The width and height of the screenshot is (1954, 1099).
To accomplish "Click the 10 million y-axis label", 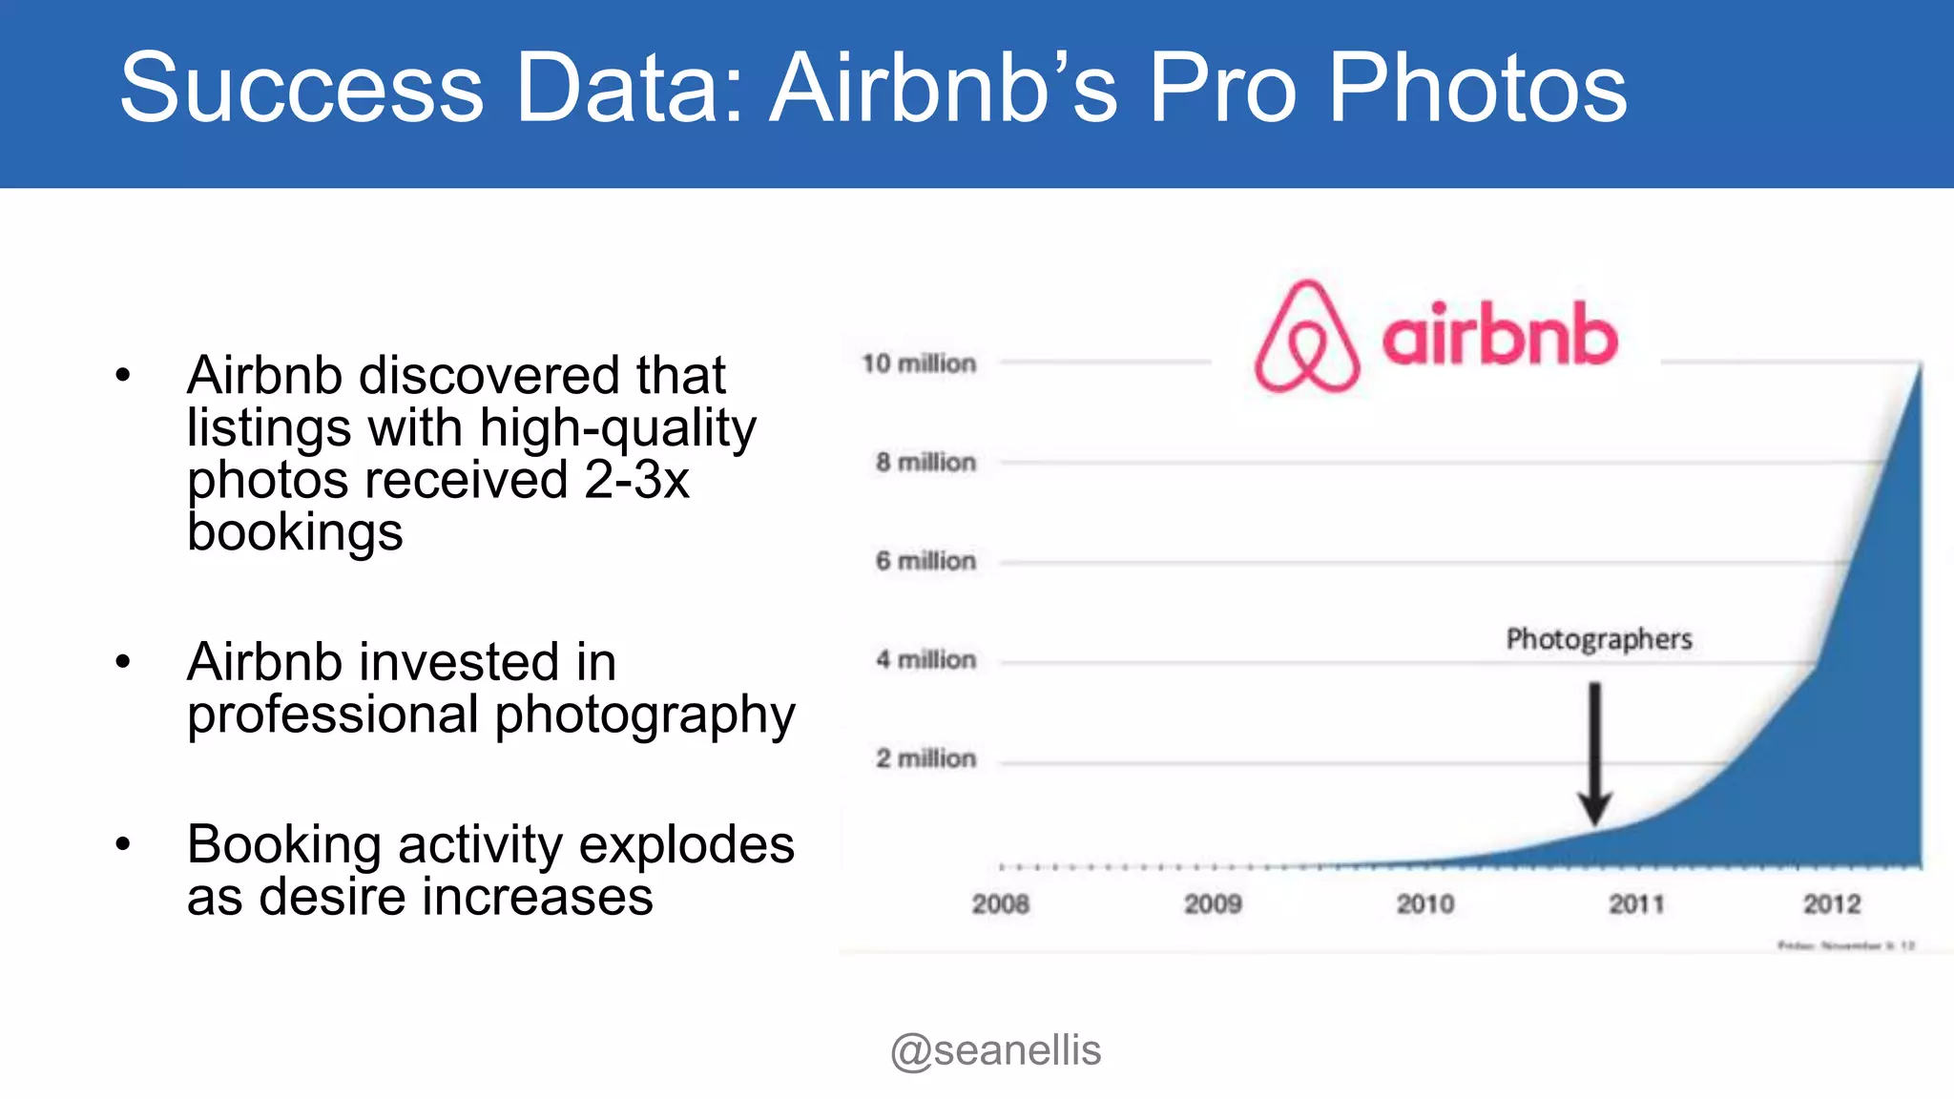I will (x=919, y=363).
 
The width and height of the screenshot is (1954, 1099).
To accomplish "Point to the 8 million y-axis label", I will (x=925, y=463).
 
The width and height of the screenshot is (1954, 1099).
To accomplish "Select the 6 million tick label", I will (x=925, y=561).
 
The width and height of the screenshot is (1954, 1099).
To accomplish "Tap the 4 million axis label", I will (x=925, y=660).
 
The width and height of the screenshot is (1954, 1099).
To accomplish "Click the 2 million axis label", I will (x=925, y=759).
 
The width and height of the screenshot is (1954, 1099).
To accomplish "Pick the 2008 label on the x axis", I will (x=1000, y=904).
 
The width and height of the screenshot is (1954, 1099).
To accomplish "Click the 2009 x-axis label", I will (x=1213, y=904).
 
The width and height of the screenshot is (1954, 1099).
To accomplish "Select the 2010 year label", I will (x=1425, y=904).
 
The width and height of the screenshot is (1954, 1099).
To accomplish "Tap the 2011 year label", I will (x=1636, y=904).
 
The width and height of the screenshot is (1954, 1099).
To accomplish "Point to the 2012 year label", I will (x=1832, y=904).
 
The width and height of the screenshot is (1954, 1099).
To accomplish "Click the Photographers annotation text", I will (x=1599, y=639).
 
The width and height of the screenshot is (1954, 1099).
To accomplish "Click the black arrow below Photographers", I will (x=1594, y=754).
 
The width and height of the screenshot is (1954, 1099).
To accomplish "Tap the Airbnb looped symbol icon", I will (x=1307, y=337).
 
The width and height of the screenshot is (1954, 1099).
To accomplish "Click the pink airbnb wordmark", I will (x=1500, y=335).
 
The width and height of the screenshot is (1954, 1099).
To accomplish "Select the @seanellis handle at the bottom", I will (x=995, y=1050).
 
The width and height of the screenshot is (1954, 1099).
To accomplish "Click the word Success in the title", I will (x=301, y=88).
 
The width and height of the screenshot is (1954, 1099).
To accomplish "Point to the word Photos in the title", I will (x=1478, y=88).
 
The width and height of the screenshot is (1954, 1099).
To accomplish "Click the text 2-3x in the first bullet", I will (x=636, y=480).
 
